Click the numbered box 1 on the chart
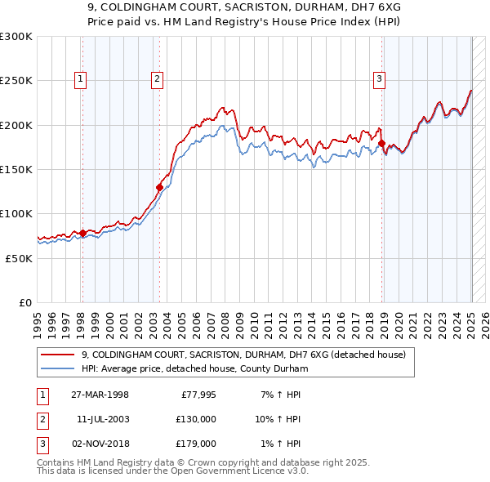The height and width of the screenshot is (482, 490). (82, 79)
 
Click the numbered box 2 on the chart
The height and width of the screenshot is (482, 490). (156, 79)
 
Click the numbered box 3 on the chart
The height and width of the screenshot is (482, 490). (380, 79)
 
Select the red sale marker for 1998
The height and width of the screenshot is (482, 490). (82, 233)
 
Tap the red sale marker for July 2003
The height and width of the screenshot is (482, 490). (159, 187)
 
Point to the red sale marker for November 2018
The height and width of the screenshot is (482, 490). (381, 144)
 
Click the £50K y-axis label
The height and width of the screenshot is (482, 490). (19, 258)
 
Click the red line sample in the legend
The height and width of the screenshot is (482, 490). (58, 355)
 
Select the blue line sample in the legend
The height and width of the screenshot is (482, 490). (58, 368)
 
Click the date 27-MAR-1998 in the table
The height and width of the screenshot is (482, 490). (100, 395)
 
